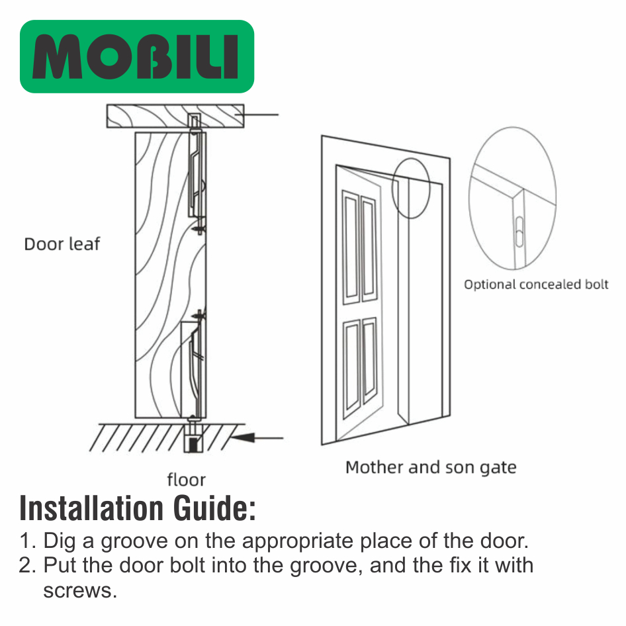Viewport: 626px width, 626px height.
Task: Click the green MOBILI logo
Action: [x=137, y=56]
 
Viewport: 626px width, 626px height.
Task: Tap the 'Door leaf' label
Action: [x=62, y=244]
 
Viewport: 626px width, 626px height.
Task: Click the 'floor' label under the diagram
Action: [x=187, y=480]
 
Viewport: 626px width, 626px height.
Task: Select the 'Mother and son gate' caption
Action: [x=431, y=467]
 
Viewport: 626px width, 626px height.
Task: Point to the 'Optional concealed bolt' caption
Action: [x=536, y=285]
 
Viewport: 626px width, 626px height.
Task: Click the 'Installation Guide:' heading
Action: [x=138, y=508]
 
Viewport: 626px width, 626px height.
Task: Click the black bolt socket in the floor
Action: [x=194, y=444]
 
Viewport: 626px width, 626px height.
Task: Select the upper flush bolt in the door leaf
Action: [x=197, y=171]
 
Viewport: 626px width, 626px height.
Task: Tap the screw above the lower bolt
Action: [x=199, y=316]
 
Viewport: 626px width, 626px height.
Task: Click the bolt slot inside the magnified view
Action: [x=519, y=232]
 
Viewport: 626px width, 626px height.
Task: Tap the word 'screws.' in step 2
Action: [x=80, y=591]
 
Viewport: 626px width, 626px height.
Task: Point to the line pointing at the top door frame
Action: [x=256, y=114]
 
